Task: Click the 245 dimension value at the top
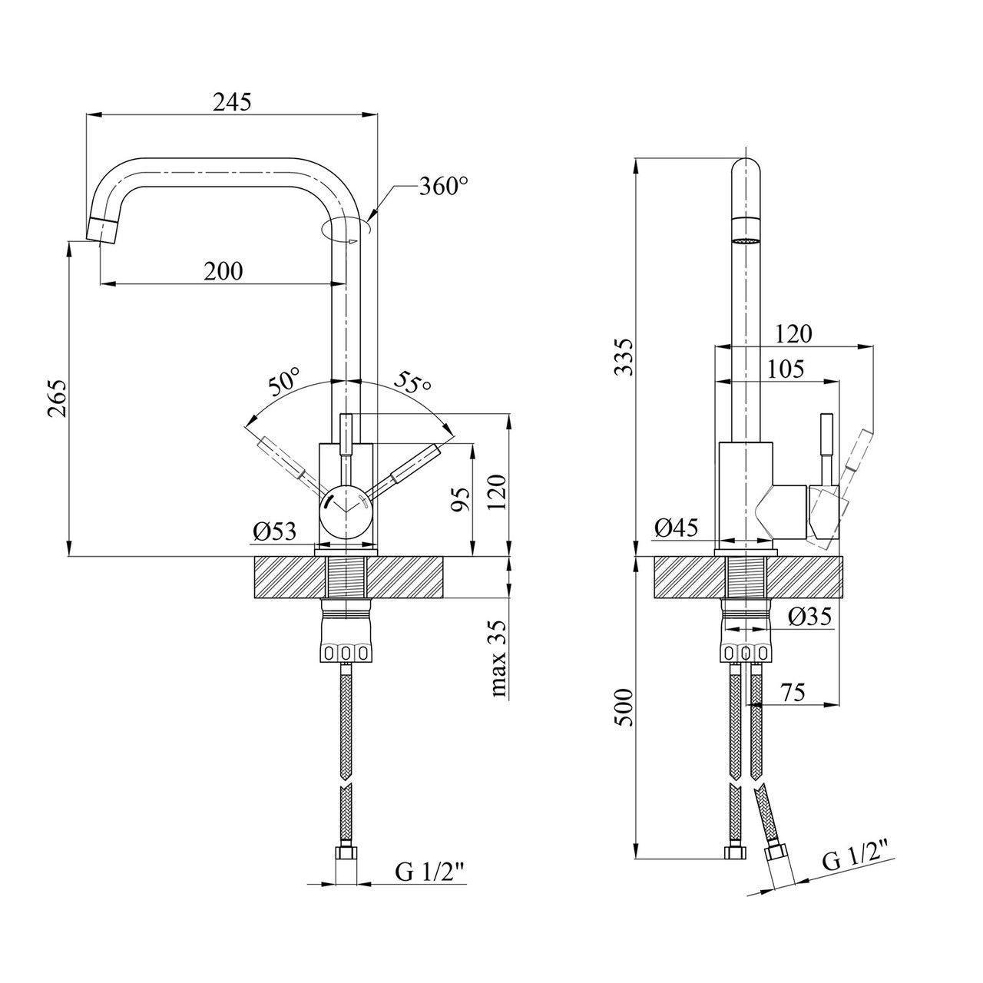click(x=233, y=102)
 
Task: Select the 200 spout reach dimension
click(x=223, y=270)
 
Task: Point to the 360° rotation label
click(x=444, y=187)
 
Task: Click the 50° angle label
click(x=285, y=381)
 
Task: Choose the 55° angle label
click(x=414, y=382)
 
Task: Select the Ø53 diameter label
click(x=274, y=531)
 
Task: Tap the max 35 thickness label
click(x=500, y=659)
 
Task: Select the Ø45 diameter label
click(x=676, y=528)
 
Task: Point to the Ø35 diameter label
click(x=810, y=617)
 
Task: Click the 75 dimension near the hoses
click(x=793, y=693)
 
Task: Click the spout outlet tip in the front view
click(x=101, y=230)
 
